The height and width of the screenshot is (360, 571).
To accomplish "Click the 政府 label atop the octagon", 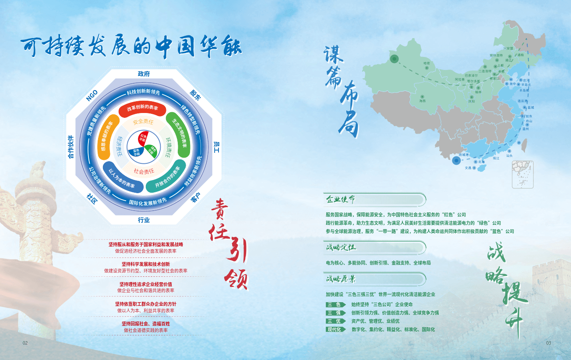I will click(144, 74).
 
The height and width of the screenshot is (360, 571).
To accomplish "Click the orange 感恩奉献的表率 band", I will click(106, 134).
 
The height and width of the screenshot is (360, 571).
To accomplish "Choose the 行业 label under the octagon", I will click(144, 220).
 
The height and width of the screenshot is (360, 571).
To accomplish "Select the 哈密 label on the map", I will click(426, 64).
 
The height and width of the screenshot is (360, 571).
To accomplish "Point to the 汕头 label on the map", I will click(509, 155).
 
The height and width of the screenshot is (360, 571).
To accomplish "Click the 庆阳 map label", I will click(471, 101).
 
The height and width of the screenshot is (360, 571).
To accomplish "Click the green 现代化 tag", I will click(335, 329).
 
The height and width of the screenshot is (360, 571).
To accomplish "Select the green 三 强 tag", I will click(335, 313).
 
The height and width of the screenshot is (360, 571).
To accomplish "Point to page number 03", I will click(548, 342).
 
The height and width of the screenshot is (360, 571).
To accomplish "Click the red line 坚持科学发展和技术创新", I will click(146, 264).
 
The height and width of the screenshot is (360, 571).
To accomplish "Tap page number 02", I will click(25, 342).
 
